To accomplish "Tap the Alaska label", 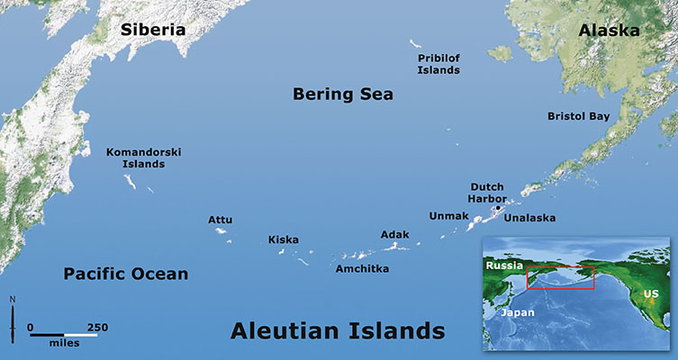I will click(x=609, y=30).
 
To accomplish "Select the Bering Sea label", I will click(x=343, y=94).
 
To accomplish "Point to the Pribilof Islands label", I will click(x=438, y=63).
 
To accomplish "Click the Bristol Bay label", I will click(x=578, y=116).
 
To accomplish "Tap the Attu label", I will click(x=221, y=219).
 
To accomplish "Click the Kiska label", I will click(x=283, y=239).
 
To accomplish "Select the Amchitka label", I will click(x=362, y=268).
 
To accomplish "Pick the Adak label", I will click(x=394, y=234).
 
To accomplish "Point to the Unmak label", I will click(x=448, y=216).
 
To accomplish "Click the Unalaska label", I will click(x=529, y=218).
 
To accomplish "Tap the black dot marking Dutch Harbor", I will click(x=498, y=207).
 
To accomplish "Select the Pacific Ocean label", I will click(x=125, y=274).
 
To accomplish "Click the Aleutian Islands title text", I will click(x=338, y=330).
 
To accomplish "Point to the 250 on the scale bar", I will click(x=97, y=327).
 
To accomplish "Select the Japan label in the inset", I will click(x=519, y=312).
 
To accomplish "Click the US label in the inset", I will click(x=650, y=294).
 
